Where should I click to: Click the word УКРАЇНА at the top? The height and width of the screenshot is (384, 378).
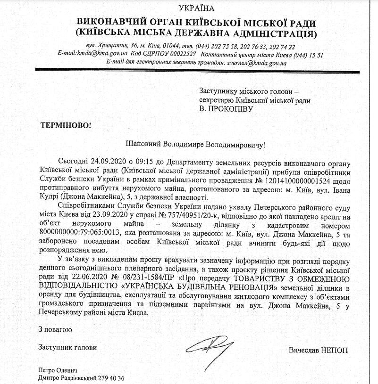pyautogui.click(x=196, y=8)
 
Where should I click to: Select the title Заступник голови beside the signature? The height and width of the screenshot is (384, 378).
pyautogui.click(x=68, y=348)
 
